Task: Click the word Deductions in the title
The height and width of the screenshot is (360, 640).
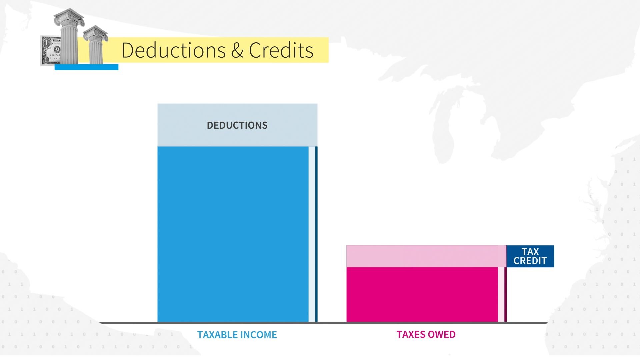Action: (x=174, y=50)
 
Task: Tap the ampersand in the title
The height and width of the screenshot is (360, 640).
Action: (x=237, y=50)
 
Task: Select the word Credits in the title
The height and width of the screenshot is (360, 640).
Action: (x=281, y=50)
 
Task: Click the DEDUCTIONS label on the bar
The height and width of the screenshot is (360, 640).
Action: (x=237, y=125)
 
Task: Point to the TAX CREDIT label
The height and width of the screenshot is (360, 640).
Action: (x=530, y=256)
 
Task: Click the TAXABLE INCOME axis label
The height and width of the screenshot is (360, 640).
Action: (x=237, y=335)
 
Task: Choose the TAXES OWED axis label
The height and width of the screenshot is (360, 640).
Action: (x=426, y=334)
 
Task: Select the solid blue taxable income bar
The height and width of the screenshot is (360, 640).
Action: (x=233, y=234)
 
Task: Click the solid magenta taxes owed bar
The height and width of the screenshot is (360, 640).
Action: (x=422, y=295)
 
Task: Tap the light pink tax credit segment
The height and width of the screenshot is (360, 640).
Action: (x=426, y=256)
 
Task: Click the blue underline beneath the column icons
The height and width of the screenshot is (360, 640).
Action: (x=86, y=67)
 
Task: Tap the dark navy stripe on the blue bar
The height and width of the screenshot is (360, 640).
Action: (x=316, y=234)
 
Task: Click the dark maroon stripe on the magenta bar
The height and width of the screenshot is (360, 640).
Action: (x=505, y=295)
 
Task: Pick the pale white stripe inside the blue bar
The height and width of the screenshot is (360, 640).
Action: (x=312, y=234)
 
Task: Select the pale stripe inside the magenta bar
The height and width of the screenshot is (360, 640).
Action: (x=501, y=295)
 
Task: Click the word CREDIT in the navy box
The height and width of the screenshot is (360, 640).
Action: (x=530, y=261)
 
